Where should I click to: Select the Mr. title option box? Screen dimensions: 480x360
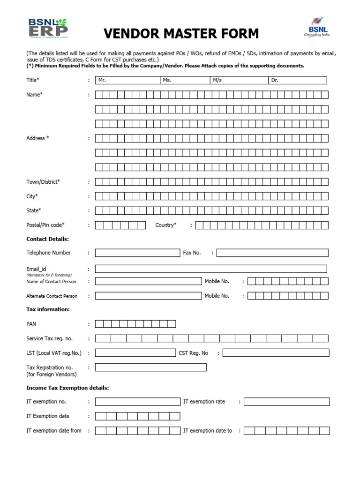pyautogui.click(x=127, y=80)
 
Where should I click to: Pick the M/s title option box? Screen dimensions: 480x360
pyautogui.click(x=239, y=80)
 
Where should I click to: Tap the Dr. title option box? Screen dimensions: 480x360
pyautogui.click(x=297, y=80)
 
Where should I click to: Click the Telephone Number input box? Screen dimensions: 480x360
pyautogui.click(x=137, y=253)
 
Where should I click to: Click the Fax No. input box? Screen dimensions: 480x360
pyautogui.click(x=272, y=253)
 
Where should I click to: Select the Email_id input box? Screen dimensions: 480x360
pyautogui.click(x=211, y=269)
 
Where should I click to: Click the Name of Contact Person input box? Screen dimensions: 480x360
pyautogui.click(x=148, y=281)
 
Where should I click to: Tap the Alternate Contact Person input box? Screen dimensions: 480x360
pyautogui.click(x=148, y=296)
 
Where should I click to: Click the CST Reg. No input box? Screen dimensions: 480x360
pyautogui.click(x=276, y=353)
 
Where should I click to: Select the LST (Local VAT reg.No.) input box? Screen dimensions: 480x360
pyautogui.click(x=135, y=353)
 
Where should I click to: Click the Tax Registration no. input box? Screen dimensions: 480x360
pyautogui.click(x=150, y=367)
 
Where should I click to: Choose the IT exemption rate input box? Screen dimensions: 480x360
pyautogui.click(x=286, y=402)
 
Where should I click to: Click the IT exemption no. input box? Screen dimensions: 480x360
pyautogui.click(x=137, y=402)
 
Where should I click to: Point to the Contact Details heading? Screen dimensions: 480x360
pyautogui.click(x=48, y=239)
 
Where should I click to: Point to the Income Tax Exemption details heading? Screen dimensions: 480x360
pyautogui.click(x=67, y=388)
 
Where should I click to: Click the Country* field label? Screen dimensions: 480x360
pyautogui.click(x=166, y=225)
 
